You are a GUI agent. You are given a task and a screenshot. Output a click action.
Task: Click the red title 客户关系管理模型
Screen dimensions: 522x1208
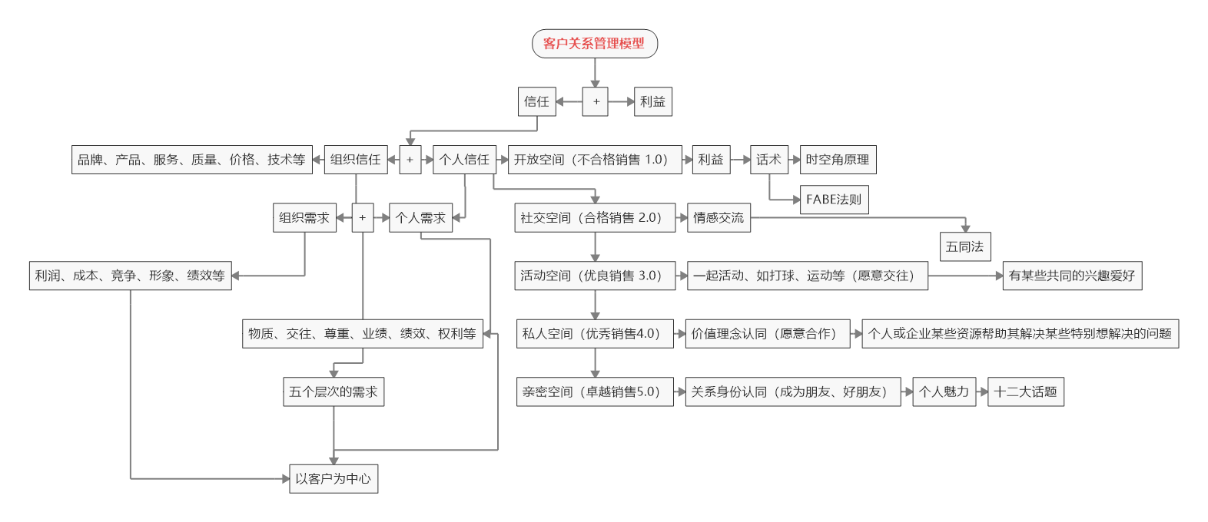(x=594, y=44)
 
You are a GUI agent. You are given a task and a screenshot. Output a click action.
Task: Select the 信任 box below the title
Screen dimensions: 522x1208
(x=536, y=101)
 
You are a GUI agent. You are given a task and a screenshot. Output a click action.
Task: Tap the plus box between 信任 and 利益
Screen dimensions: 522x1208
(x=595, y=101)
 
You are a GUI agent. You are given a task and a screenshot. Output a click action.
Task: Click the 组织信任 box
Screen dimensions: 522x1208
(x=355, y=160)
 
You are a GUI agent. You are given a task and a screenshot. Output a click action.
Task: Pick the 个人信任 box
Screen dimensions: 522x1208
(x=464, y=160)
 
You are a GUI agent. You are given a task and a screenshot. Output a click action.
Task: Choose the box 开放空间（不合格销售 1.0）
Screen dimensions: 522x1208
(x=594, y=160)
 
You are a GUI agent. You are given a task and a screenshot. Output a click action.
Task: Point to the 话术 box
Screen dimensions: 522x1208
(x=768, y=160)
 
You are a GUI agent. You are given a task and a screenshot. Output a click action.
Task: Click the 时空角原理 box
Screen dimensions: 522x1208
(x=837, y=160)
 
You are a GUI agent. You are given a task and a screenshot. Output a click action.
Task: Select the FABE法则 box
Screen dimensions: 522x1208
(x=834, y=200)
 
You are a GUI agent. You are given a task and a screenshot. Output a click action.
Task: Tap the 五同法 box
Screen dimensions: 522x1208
(x=964, y=247)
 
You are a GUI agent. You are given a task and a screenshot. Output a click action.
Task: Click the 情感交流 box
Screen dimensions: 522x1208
(x=718, y=218)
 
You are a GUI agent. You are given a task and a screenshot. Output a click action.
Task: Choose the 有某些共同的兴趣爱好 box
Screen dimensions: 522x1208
(x=1071, y=276)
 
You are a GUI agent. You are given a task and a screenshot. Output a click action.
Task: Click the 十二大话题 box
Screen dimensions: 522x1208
(x=1025, y=391)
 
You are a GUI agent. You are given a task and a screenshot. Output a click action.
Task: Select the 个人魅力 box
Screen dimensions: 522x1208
(x=944, y=391)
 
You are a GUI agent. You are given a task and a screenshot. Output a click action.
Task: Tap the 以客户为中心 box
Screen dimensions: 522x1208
(x=333, y=479)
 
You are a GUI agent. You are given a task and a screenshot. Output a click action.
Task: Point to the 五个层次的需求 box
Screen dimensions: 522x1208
(x=333, y=391)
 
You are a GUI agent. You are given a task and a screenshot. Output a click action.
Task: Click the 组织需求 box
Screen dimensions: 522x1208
(x=304, y=218)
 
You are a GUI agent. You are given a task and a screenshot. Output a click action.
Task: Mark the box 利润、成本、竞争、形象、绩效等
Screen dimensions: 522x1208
(x=130, y=276)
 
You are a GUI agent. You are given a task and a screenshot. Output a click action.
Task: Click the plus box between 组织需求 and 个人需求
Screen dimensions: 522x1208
(x=363, y=218)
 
